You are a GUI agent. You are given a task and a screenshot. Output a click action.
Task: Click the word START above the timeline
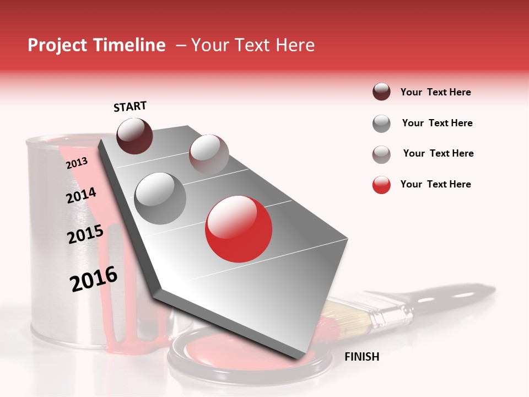point(130,106)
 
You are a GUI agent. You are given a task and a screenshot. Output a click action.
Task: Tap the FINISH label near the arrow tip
point(361,357)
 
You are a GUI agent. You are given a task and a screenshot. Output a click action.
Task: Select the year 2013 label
point(77,163)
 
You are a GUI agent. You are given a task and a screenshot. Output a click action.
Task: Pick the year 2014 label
point(81,196)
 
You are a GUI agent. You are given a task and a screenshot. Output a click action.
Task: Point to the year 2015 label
point(85,234)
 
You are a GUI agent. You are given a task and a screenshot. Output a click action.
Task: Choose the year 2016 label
point(94,279)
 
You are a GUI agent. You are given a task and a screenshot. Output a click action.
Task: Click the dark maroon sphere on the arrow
point(134,136)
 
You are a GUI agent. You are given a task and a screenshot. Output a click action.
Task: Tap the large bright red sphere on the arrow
point(239,228)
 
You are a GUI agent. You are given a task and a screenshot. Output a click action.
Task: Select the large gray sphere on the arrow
point(160,198)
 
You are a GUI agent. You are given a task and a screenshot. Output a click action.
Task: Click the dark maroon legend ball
point(381,92)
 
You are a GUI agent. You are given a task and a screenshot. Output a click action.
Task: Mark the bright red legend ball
point(381,185)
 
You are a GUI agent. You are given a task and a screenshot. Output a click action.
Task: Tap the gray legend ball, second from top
point(381,124)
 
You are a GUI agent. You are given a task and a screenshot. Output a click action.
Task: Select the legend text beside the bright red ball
point(435,184)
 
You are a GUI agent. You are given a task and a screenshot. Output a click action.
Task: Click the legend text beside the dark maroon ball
point(435,92)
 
